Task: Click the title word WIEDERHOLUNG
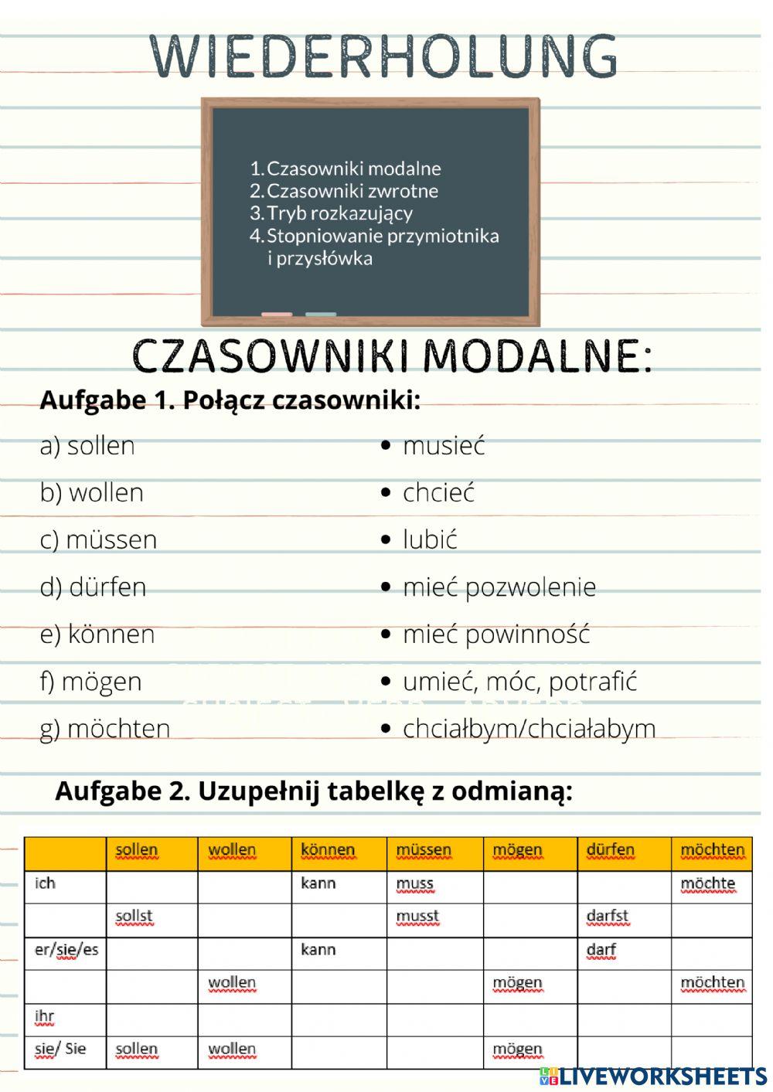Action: point(384,56)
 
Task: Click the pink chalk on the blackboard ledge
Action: point(277,315)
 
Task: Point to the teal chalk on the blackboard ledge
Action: point(321,315)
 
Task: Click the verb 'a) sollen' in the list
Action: point(87,446)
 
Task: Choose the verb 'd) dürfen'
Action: point(93,587)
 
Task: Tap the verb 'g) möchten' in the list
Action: point(104,729)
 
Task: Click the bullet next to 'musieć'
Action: point(386,446)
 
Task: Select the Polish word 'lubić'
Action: point(430,539)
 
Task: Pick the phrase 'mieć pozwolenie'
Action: point(499,587)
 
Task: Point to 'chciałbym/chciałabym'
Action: point(529,729)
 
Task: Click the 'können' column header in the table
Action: point(328,850)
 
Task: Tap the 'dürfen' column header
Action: point(610,850)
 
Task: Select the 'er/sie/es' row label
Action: point(66,950)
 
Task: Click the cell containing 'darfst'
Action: point(608,917)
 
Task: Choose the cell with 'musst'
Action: point(417,917)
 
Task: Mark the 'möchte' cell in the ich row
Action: point(707,883)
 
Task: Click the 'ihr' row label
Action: point(45,1016)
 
